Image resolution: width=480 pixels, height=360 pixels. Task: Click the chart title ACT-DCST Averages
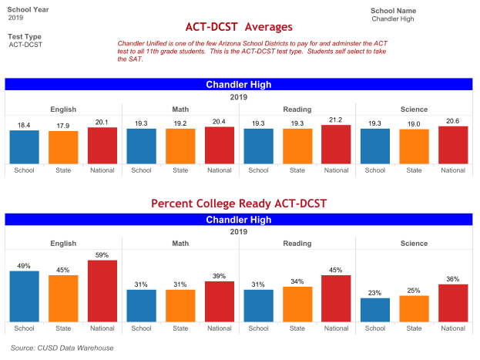tap(239, 27)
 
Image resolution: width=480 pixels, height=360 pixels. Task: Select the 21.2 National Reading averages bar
tap(336, 144)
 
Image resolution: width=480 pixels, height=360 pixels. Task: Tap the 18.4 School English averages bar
tap(24, 146)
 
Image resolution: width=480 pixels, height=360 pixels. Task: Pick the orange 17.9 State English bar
tap(63, 147)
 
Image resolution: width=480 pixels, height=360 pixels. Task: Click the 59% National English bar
tap(102, 291)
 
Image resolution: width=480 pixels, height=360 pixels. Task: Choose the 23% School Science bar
tap(375, 310)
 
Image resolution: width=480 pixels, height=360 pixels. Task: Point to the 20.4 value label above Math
tap(220, 122)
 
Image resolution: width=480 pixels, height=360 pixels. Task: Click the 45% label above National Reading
tap(336, 271)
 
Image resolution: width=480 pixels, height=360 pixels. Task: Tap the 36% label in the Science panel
tap(453, 279)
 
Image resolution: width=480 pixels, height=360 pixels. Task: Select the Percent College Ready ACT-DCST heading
tap(239, 204)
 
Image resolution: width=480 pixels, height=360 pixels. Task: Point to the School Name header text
tap(393, 11)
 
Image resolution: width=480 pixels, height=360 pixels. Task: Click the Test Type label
tap(25, 36)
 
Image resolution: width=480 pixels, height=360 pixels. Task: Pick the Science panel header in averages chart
tap(414, 109)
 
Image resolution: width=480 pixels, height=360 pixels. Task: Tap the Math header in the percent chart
tap(180, 243)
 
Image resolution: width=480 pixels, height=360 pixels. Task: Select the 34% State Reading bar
tap(297, 304)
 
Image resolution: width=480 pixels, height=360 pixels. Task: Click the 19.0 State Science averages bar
tap(414, 146)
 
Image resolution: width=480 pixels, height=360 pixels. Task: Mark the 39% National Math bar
tap(220, 301)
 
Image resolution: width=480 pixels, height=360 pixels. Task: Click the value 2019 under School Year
tap(15, 17)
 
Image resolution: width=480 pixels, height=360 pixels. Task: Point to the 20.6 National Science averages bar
tap(453, 145)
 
